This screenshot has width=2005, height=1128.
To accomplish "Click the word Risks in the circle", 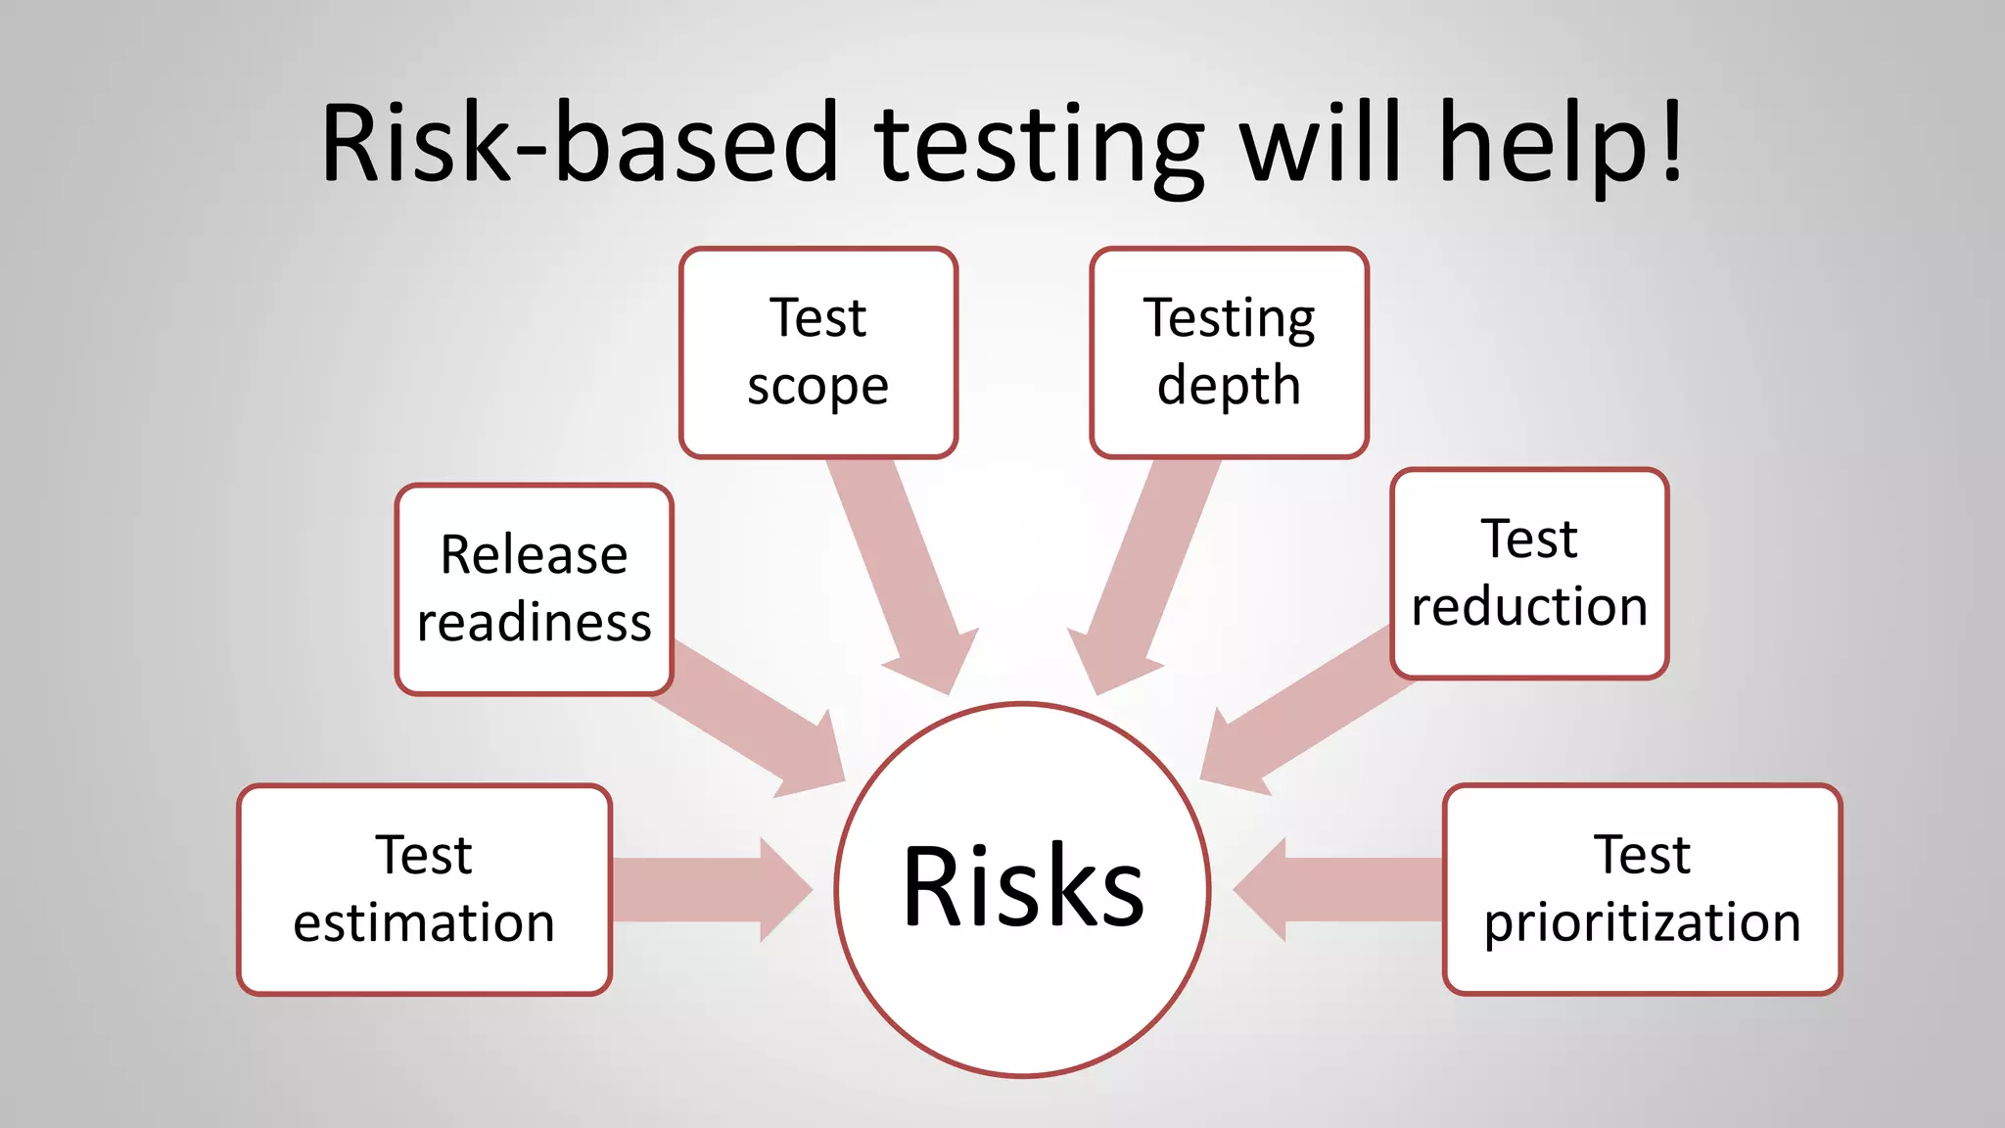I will click(1022, 886).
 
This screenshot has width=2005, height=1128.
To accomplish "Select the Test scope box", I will click(817, 352).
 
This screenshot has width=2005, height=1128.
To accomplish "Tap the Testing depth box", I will click(1229, 352).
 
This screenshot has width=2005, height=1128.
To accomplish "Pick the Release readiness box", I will click(534, 588).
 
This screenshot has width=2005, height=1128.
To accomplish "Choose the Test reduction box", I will click(1529, 573).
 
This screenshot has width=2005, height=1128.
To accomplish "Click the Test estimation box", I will click(424, 889).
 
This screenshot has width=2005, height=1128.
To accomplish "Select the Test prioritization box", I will click(1642, 889).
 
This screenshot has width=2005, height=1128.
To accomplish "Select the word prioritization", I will click(1642, 923).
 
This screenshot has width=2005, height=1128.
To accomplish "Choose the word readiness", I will click(534, 623).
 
